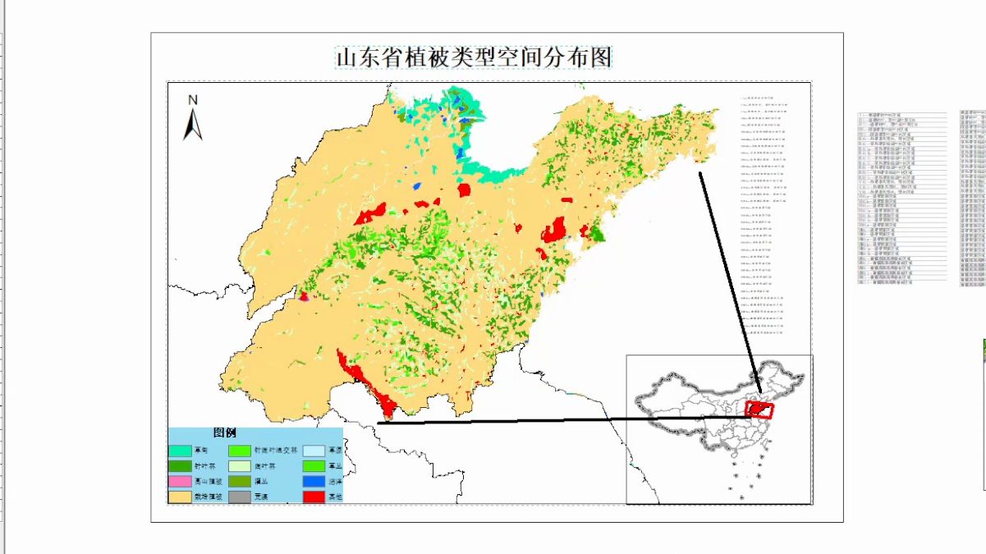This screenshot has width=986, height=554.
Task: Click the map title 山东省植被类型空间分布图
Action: click(x=474, y=57)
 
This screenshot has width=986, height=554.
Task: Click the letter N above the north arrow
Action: click(x=193, y=100)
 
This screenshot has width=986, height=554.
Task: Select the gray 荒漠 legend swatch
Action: click(x=239, y=497)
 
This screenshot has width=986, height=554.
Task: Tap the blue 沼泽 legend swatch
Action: click(x=314, y=482)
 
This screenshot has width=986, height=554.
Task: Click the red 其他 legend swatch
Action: click(x=314, y=497)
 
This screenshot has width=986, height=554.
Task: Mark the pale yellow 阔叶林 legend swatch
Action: click(x=239, y=466)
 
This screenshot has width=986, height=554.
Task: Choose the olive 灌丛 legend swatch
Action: click(x=239, y=482)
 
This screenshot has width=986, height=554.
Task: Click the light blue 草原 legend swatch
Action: click(x=314, y=451)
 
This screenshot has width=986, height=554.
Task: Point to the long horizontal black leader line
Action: click(x=558, y=420)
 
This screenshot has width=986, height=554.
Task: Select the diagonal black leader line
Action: click(x=729, y=279)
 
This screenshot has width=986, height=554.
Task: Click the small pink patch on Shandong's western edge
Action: click(x=303, y=296)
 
